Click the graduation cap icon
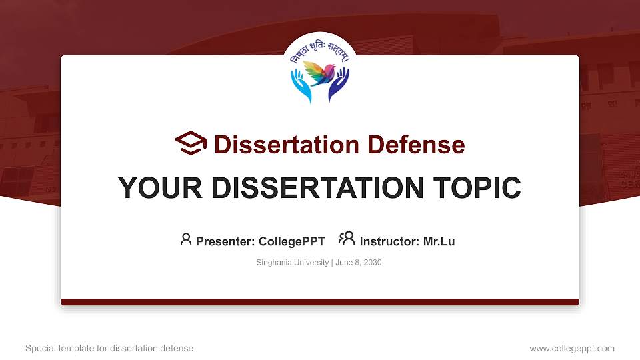191,144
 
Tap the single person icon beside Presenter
186,239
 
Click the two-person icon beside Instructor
347,239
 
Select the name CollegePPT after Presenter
291,241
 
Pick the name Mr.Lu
439,241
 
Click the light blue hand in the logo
301,85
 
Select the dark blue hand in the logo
339,85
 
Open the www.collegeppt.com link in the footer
571,348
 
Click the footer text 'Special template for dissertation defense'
109,348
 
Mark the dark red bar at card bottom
320,302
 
